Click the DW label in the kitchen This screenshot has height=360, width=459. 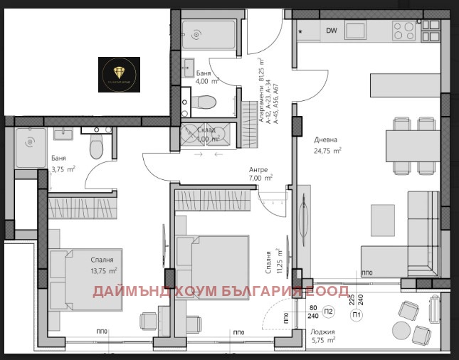(x=332, y=31)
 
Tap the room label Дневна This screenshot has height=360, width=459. (x=325, y=140)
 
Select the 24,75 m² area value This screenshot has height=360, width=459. (x=328, y=151)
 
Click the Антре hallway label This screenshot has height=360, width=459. (x=258, y=169)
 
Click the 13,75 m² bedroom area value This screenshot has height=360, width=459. (x=104, y=270)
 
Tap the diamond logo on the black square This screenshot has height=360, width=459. (x=120, y=73)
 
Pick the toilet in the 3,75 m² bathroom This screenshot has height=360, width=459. (x=97, y=148)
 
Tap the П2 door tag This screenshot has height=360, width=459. (x=329, y=312)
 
